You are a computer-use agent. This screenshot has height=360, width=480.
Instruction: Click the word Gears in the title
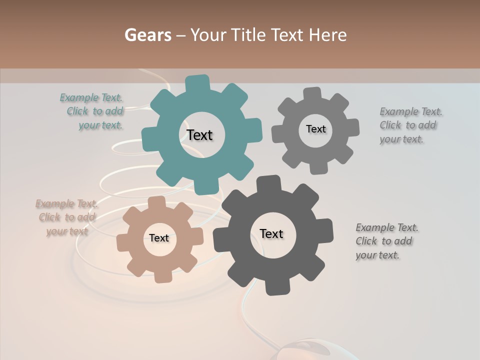pyautogui.click(x=147, y=35)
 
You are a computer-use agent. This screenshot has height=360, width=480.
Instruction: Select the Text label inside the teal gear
pyautogui.click(x=199, y=135)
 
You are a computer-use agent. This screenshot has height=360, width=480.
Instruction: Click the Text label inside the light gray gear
pyautogui.click(x=315, y=129)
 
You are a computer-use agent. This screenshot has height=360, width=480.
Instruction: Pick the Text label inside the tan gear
pyautogui.click(x=159, y=238)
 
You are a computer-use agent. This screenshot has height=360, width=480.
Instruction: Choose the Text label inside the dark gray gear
pyautogui.click(x=271, y=233)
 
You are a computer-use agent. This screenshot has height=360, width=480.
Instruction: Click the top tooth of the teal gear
pyautogui.click(x=197, y=83)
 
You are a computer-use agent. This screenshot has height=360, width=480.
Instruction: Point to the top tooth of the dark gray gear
pyautogui.click(x=268, y=183)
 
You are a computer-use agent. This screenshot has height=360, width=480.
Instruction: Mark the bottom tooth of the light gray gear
pyautogui.click(x=318, y=167)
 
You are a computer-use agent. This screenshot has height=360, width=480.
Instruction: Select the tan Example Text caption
pyautogui.click(x=66, y=217)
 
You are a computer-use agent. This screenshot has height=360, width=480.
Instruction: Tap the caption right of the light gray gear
pyautogui.click(x=408, y=125)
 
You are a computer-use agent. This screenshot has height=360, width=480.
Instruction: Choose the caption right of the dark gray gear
pyautogui.click(x=385, y=241)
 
